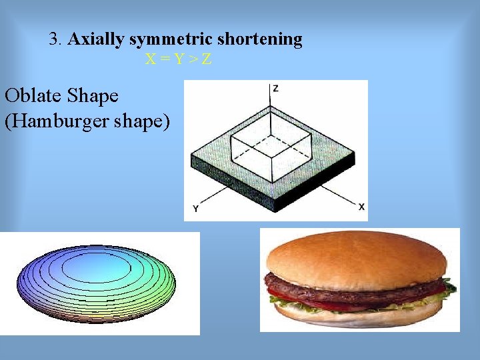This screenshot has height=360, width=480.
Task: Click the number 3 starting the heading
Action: [x=54, y=39]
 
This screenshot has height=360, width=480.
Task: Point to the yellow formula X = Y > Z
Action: [x=179, y=59]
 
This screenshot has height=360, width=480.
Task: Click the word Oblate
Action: [x=34, y=96]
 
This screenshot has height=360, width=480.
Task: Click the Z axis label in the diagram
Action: [x=275, y=88]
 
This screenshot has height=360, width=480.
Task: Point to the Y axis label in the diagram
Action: [x=195, y=209]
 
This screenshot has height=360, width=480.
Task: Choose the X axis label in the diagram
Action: [x=361, y=207]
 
